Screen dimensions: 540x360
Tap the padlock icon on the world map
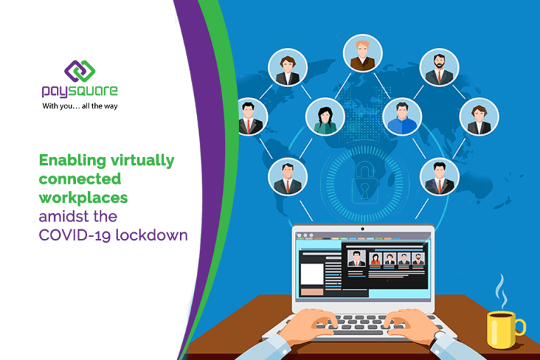point(365,183)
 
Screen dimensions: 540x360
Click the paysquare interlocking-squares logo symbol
point(79,71)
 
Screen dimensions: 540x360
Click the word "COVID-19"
point(75,236)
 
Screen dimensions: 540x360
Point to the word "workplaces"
point(84,198)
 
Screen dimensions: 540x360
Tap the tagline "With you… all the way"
point(80,106)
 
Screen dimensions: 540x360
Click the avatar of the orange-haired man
point(362,53)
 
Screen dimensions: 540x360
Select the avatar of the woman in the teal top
point(325,117)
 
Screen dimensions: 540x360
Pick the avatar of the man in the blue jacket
point(402,117)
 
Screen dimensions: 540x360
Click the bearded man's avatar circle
point(439,67)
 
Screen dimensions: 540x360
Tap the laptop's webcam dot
point(362,229)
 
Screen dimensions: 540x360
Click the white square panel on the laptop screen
point(312,274)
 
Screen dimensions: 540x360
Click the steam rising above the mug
point(501,291)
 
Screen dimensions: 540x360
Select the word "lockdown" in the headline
point(152,235)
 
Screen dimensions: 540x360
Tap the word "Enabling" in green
point(72,161)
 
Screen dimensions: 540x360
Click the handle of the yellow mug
point(520,327)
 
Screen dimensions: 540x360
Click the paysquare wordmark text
point(79,91)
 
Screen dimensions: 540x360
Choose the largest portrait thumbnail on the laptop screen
point(356,258)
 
